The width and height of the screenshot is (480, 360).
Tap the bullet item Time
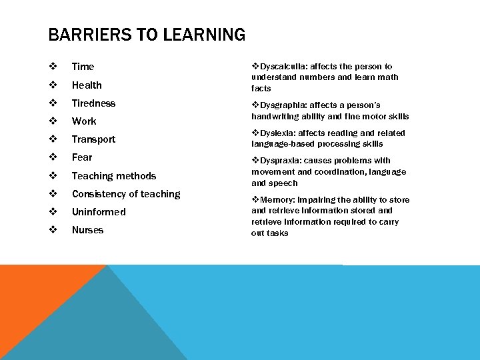(83, 67)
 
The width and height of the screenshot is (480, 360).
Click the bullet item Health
(87, 85)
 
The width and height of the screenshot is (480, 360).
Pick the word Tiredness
(93, 103)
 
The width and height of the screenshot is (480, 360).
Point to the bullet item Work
(84, 121)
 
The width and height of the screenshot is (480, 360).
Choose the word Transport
(93, 139)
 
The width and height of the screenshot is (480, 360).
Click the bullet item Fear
(82, 157)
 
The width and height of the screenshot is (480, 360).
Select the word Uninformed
(99, 212)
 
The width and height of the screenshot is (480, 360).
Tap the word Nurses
(87, 230)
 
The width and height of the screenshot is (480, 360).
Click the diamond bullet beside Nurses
(53, 230)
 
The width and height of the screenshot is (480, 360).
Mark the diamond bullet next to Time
(53, 67)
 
